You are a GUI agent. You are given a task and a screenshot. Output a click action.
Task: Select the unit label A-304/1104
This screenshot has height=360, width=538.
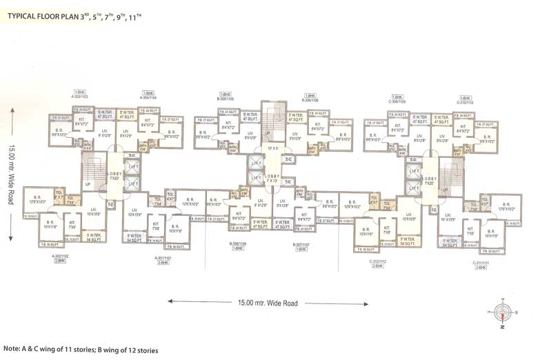click(x=148, y=94)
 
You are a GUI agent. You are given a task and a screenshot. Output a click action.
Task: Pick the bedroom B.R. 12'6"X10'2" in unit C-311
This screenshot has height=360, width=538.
click(x=510, y=205)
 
